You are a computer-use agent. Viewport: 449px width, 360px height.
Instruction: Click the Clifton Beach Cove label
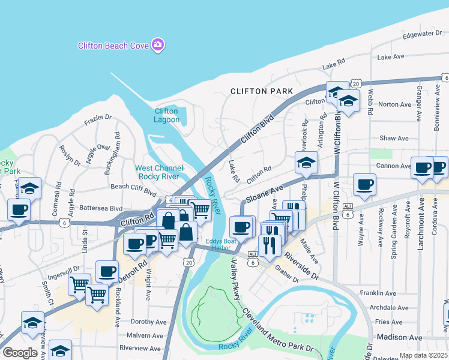click(x=113, y=46)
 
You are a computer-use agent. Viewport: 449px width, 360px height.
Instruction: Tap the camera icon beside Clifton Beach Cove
click(x=158, y=45)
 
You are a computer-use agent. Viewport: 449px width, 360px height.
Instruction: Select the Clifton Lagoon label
click(x=166, y=115)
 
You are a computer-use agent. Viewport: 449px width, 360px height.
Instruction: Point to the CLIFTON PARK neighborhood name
click(x=262, y=91)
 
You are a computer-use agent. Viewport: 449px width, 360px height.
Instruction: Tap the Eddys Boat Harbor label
click(x=218, y=244)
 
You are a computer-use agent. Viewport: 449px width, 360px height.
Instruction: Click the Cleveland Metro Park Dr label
click(x=278, y=332)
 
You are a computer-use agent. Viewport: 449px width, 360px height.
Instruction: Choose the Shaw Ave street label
click(x=394, y=138)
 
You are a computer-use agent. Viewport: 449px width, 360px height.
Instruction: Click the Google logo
click(x=19, y=353)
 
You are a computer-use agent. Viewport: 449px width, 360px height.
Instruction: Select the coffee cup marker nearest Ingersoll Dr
click(x=107, y=271)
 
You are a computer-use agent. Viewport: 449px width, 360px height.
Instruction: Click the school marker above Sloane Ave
click(x=306, y=163)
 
